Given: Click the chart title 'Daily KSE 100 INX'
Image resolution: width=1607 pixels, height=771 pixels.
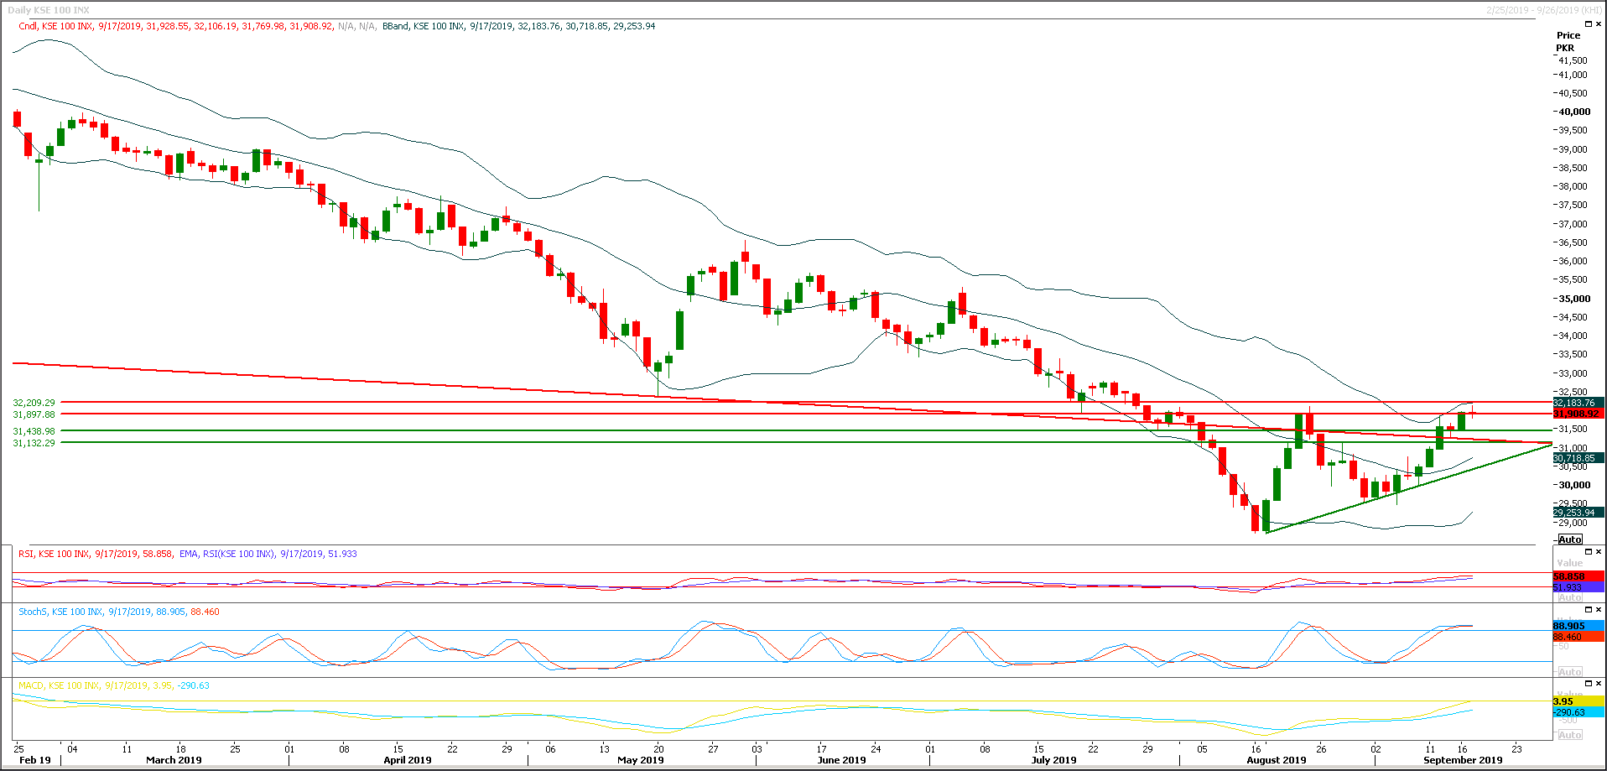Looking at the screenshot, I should tap(48, 10).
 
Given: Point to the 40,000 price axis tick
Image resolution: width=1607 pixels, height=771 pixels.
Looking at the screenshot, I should tap(1574, 112).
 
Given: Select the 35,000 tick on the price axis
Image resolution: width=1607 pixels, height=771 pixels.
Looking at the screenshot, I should tap(1574, 299).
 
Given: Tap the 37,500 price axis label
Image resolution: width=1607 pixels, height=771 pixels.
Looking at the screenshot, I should tap(1573, 205).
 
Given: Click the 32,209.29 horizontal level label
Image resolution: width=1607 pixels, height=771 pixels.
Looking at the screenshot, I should tap(34, 403).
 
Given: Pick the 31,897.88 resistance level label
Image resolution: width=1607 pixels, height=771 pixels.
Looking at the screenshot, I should tap(34, 414).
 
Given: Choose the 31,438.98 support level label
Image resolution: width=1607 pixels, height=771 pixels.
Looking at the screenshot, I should tap(34, 431).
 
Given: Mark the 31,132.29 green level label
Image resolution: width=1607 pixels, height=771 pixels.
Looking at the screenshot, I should tap(34, 443).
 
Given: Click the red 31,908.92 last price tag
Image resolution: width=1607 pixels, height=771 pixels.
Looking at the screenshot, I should tap(1576, 414).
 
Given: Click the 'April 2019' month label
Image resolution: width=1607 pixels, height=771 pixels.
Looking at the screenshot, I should tap(407, 760).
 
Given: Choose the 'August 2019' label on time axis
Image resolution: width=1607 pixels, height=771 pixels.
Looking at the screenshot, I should tap(1276, 760).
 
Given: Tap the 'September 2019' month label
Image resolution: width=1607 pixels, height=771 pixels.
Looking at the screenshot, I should tap(1462, 760).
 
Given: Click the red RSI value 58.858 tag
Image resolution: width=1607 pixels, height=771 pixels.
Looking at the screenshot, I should tap(1569, 577).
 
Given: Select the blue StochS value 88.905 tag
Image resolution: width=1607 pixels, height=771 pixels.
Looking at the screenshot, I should tap(1569, 626).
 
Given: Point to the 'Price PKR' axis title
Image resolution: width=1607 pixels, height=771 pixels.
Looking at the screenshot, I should tap(1568, 41).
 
